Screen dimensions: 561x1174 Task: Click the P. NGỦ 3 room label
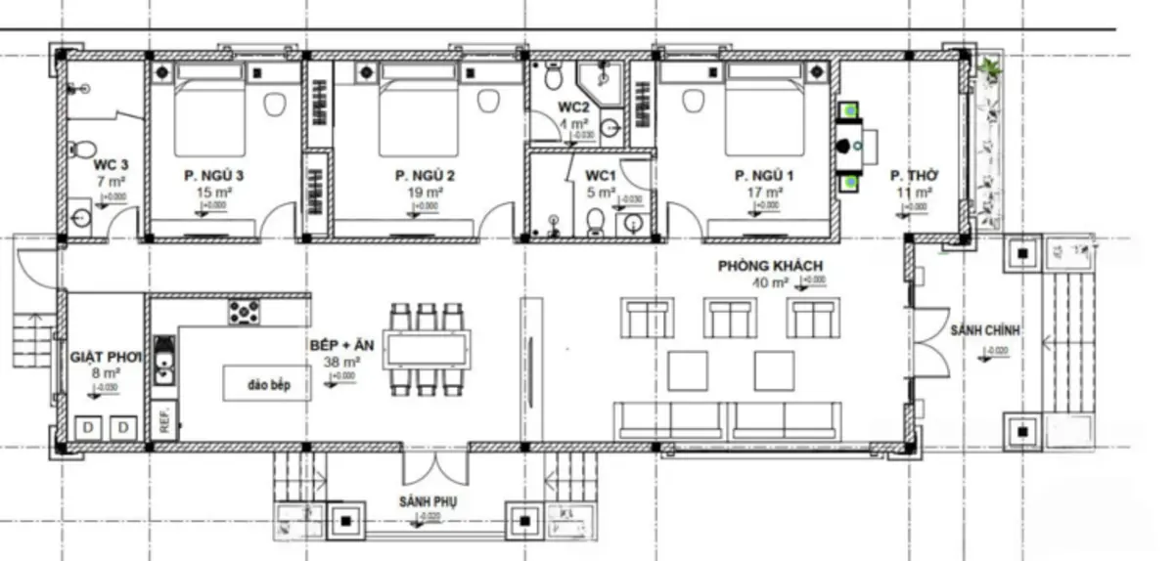pyautogui.click(x=212, y=176)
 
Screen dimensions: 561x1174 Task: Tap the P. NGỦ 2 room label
pyautogui.click(x=426, y=176)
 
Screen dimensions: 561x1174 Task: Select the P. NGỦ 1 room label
pyautogui.click(x=765, y=176)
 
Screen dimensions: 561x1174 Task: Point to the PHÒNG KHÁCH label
pyautogui.click(x=770, y=266)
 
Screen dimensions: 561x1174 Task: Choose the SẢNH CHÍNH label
pyautogui.click(x=984, y=331)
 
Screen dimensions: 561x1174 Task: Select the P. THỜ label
pyautogui.click(x=914, y=176)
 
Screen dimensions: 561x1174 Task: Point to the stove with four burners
pyautogui.click(x=245, y=312)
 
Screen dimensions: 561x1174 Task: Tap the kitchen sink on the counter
pyautogui.click(x=164, y=359)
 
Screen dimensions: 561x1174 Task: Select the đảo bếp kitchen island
pyautogui.click(x=256, y=383)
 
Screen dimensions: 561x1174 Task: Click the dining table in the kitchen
pyautogui.click(x=427, y=349)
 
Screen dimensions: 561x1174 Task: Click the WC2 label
pyautogui.click(x=573, y=107)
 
